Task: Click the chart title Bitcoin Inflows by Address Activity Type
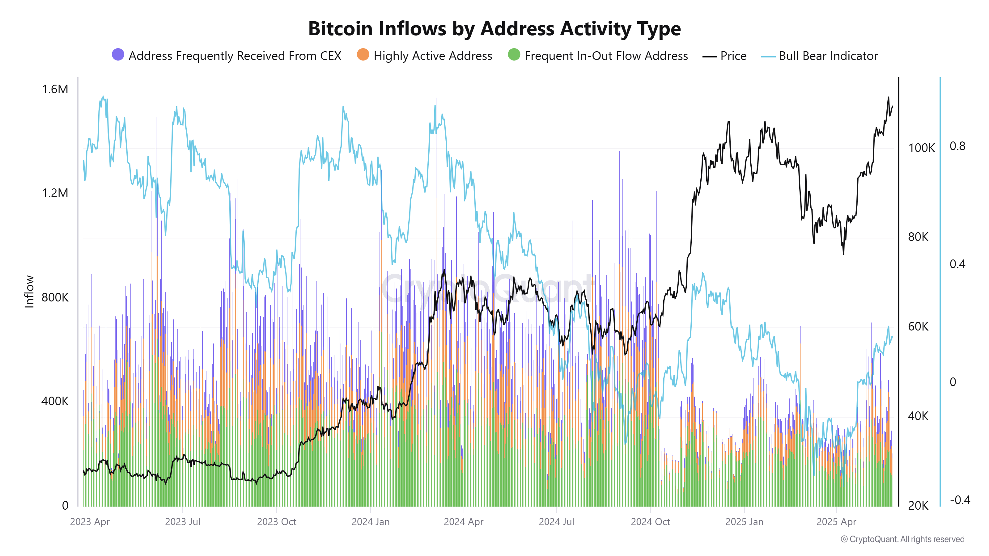tap(494, 29)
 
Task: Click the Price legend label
tap(733, 56)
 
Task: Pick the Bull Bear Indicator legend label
tap(828, 56)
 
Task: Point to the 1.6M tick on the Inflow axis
tap(55, 89)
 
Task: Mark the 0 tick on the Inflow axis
tap(65, 505)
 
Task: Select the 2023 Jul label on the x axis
tap(182, 522)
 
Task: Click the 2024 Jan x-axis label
tap(371, 522)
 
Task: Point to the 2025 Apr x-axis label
tap(836, 522)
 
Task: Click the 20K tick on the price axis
tap(918, 505)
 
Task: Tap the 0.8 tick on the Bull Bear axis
tap(957, 146)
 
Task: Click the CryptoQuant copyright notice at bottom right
tap(902, 539)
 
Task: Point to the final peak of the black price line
tap(888, 98)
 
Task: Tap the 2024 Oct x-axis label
tap(650, 522)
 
